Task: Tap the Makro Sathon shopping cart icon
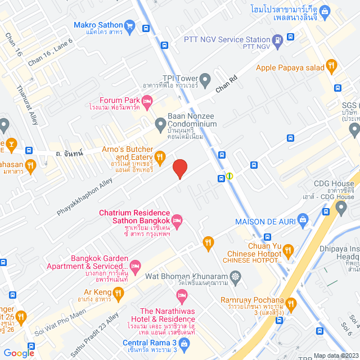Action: click(x=130, y=25)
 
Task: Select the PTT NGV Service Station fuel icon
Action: click(x=277, y=40)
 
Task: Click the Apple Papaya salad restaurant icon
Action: click(x=332, y=67)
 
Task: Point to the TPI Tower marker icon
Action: click(x=205, y=78)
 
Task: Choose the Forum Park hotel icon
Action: click(x=147, y=101)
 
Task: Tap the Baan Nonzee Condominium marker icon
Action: click(x=159, y=123)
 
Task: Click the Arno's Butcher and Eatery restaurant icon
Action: click(x=160, y=156)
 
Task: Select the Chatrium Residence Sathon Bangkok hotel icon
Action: click(x=177, y=219)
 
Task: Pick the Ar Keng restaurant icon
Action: click(x=118, y=292)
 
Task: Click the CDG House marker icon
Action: click(x=341, y=209)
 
